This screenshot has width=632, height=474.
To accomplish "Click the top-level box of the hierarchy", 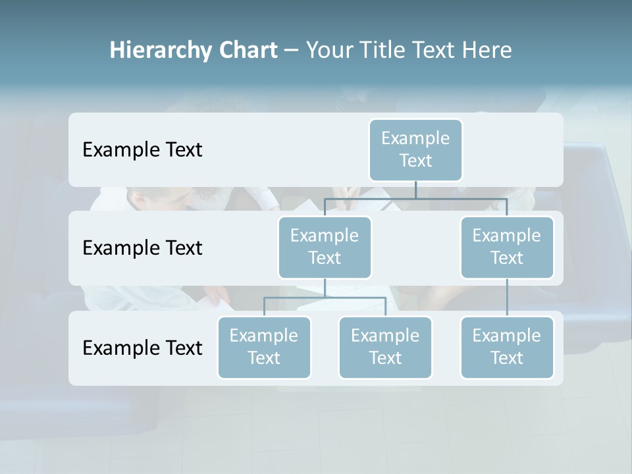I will pyautogui.click(x=415, y=149).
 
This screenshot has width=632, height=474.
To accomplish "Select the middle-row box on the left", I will pyautogui.click(x=325, y=247).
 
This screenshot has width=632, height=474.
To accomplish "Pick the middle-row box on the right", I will pyautogui.click(x=507, y=247).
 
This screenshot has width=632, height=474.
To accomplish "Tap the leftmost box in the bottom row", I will pyautogui.click(x=264, y=347).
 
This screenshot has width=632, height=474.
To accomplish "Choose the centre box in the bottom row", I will pyautogui.click(x=385, y=347).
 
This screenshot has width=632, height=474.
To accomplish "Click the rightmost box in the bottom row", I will pyautogui.click(x=507, y=347).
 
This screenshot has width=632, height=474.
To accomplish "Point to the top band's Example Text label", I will pyautogui.click(x=142, y=150).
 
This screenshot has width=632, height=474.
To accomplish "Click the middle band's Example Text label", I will pyautogui.click(x=142, y=248).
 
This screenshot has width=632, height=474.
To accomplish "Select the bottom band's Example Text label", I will pyautogui.click(x=142, y=348).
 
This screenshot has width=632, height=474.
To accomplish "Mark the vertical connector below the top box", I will pyautogui.click(x=415, y=190).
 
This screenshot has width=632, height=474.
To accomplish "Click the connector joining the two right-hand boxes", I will pyautogui.click(x=507, y=298).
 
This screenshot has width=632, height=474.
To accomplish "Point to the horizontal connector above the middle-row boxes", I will pyautogui.click(x=415, y=198).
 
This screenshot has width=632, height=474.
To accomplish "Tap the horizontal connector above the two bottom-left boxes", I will pyautogui.click(x=325, y=298).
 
